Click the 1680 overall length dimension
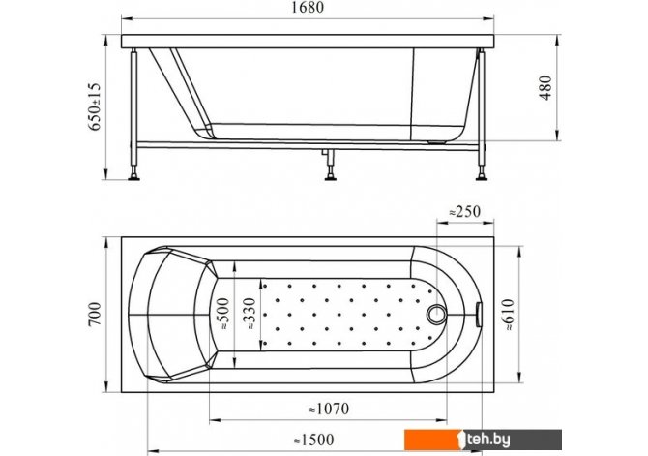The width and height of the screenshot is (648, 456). (308, 8)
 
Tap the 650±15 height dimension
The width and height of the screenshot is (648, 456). (95, 106)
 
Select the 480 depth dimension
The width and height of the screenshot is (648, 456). (545, 88)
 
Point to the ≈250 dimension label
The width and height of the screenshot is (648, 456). (465, 212)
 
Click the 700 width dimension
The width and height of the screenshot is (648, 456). (95, 314)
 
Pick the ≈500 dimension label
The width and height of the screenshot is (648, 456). (223, 314)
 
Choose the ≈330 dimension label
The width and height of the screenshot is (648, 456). (250, 314)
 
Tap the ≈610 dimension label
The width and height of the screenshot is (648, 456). (508, 315)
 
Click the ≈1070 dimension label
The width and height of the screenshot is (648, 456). (330, 409)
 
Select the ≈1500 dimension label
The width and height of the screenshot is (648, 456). (313, 440)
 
